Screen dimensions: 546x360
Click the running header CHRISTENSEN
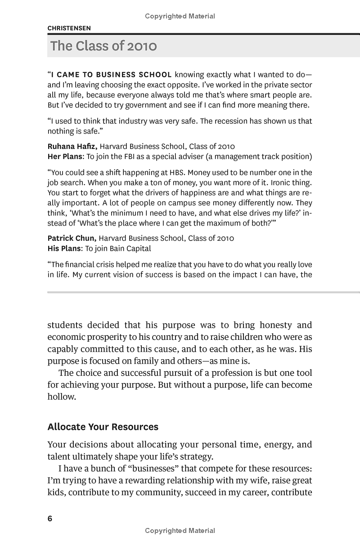click(x=69, y=28)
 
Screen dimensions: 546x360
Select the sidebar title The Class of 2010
click(x=103, y=46)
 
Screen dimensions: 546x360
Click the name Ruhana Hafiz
click(x=72, y=146)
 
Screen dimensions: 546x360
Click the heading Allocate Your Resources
click(x=103, y=426)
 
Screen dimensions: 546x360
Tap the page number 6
click(x=50, y=519)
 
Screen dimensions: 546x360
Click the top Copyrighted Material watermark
click(x=180, y=16)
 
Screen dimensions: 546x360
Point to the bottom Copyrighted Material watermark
click(x=180, y=531)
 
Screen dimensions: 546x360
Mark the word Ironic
click(x=278, y=182)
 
